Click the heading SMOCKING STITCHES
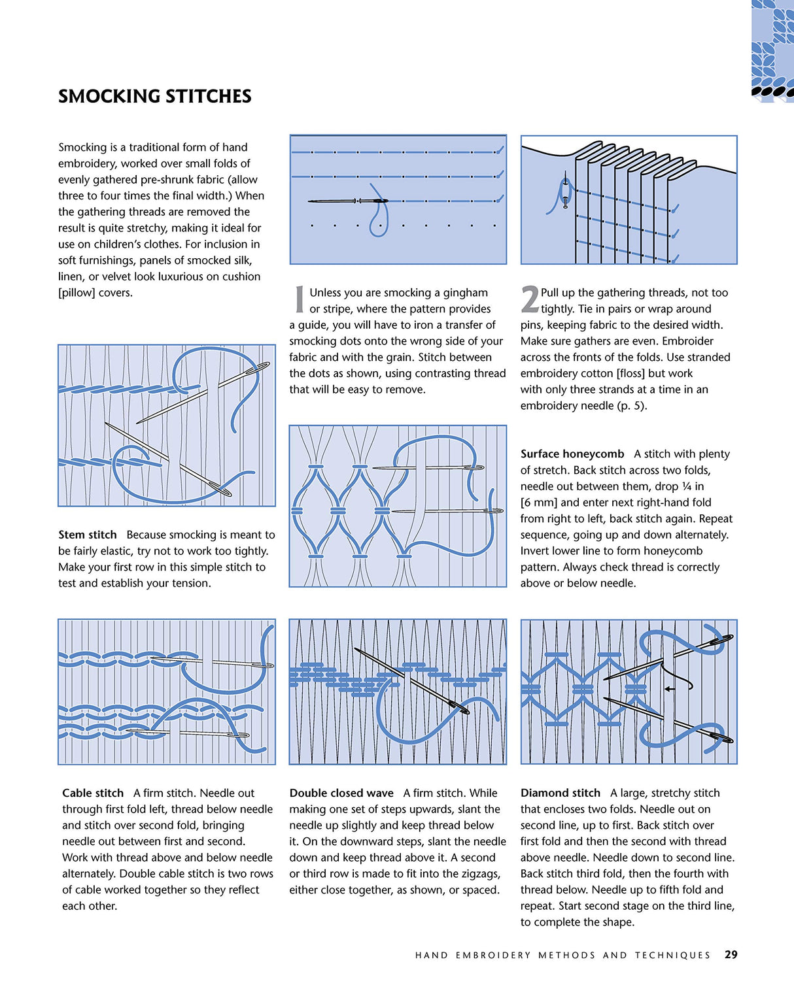click(x=154, y=97)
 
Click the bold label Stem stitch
click(x=87, y=535)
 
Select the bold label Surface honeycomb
click(x=572, y=454)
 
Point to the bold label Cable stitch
click(x=92, y=793)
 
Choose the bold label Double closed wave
click(x=341, y=793)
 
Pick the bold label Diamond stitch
click(x=560, y=793)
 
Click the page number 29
click(x=731, y=954)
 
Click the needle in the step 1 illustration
click(x=347, y=201)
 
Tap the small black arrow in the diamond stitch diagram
click(x=669, y=688)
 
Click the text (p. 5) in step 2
click(x=632, y=406)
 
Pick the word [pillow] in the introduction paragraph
click(x=77, y=293)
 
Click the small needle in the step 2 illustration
click(x=565, y=193)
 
